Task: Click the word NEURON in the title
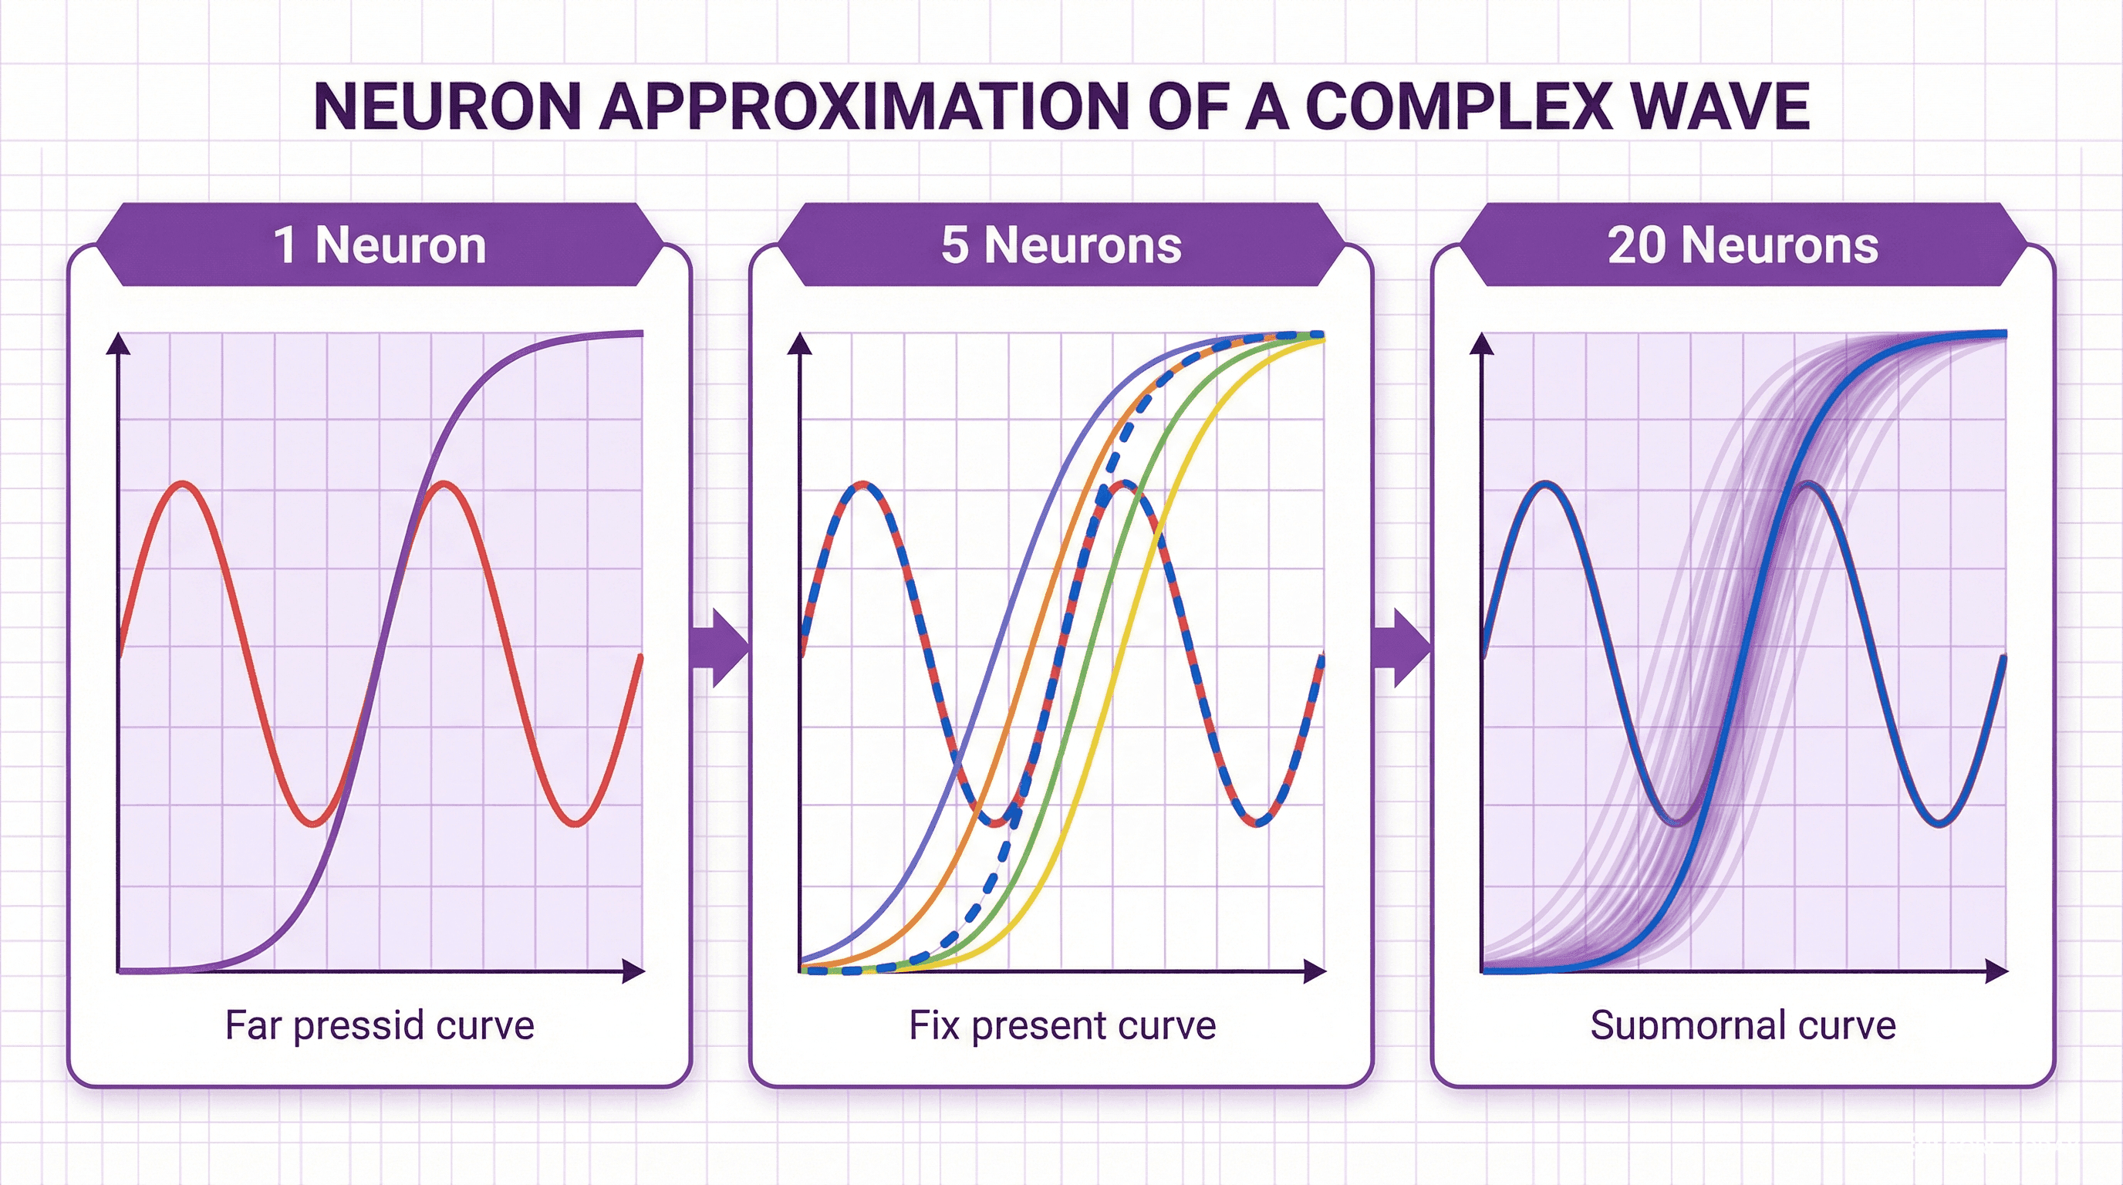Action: (447, 106)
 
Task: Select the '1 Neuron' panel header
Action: (380, 245)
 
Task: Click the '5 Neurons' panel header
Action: (1061, 245)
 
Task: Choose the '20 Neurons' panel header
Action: (1743, 245)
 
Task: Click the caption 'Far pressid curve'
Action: (380, 1026)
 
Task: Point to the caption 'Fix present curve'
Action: (1062, 1026)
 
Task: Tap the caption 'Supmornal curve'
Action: (1743, 1026)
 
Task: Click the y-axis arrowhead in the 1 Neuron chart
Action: (120, 343)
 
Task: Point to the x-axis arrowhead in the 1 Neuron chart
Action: (634, 971)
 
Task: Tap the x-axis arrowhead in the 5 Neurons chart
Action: (1315, 971)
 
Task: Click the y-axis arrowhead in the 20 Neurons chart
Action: (1483, 343)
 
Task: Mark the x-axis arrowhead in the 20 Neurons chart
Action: (1997, 971)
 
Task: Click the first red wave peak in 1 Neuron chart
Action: (184, 484)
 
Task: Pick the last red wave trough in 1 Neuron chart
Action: (576, 822)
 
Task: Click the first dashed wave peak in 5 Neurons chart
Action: (863, 484)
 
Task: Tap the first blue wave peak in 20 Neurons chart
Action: (1545, 484)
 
